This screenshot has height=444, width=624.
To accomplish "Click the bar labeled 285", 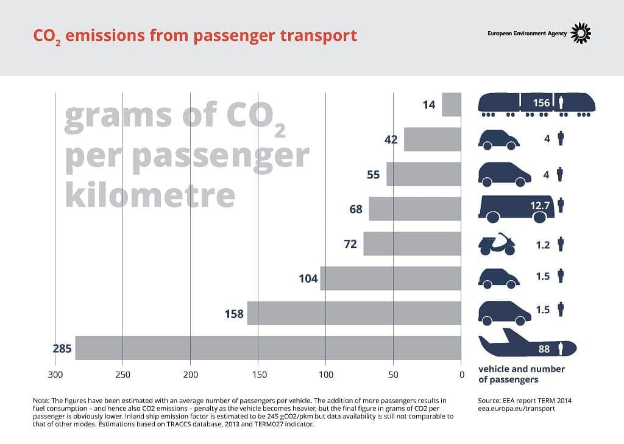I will [268, 348].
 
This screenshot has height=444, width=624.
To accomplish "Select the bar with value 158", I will [353, 313].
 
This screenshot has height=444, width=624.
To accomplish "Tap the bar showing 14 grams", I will [451, 105].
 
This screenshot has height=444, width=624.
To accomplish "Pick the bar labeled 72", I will [412, 244].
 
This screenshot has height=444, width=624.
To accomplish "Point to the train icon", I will [536, 104].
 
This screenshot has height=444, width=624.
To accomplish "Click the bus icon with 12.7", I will [516, 209].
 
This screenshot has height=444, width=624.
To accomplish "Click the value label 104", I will [308, 279].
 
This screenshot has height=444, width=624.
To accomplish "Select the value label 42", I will [391, 139].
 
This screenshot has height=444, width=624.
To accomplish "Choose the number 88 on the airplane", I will [544, 350].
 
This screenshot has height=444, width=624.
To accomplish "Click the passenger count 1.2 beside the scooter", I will [542, 245].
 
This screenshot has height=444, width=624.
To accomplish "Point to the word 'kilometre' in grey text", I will [150, 194].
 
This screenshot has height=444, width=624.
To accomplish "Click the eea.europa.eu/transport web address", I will [516, 409].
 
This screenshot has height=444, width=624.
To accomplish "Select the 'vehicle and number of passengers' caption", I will [522, 374].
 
